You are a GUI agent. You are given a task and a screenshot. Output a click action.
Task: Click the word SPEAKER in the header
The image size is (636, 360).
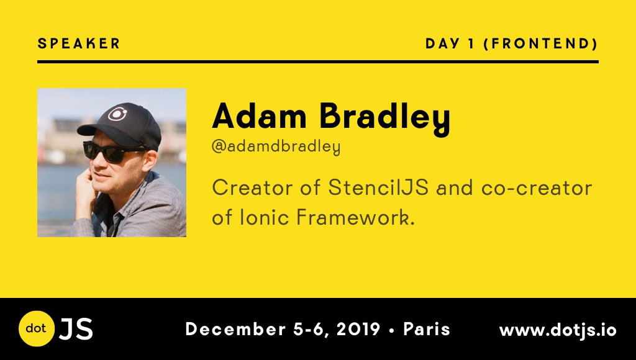(79, 43)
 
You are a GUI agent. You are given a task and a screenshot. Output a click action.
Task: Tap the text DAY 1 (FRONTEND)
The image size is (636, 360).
(512, 43)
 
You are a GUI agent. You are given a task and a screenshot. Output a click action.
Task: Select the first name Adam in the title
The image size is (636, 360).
(259, 115)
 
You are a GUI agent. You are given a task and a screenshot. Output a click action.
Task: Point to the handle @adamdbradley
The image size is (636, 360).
(276, 146)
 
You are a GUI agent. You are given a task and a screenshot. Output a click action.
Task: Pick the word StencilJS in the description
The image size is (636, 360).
(378, 187)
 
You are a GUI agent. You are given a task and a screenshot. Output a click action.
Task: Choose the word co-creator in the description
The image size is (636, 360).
(536, 188)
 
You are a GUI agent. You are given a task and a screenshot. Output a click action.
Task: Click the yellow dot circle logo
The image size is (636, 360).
(37, 328)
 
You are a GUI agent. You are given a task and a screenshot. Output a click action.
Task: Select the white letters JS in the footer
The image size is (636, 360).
(76, 329)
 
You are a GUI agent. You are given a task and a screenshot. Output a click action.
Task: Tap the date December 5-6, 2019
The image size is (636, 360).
(283, 329)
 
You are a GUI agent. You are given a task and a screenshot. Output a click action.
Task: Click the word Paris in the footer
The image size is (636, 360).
(427, 329)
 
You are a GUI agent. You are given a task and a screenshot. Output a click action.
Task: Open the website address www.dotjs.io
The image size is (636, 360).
(558, 330)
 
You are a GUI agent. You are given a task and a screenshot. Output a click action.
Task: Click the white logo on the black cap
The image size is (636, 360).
(117, 114)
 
